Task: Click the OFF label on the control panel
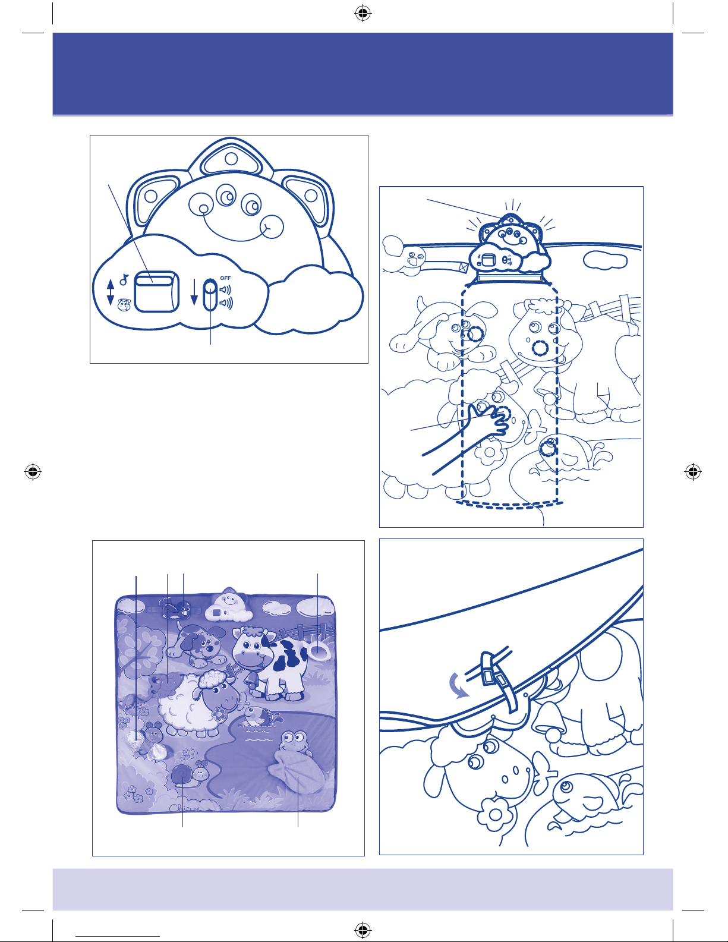(x=225, y=278)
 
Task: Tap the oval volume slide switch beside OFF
(x=210, y=295)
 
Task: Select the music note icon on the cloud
(x=124, y=279)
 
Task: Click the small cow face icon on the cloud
(x=124, y=305)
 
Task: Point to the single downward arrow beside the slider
(x=194, y=292)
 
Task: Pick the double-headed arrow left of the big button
(x=111, y=292)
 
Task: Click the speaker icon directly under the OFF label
(x=225, y=289)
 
